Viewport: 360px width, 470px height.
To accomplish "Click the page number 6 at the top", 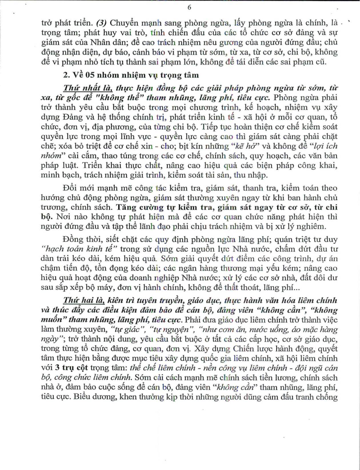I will pos(189,8).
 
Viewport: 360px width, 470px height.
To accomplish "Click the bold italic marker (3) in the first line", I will pos(102,23).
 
